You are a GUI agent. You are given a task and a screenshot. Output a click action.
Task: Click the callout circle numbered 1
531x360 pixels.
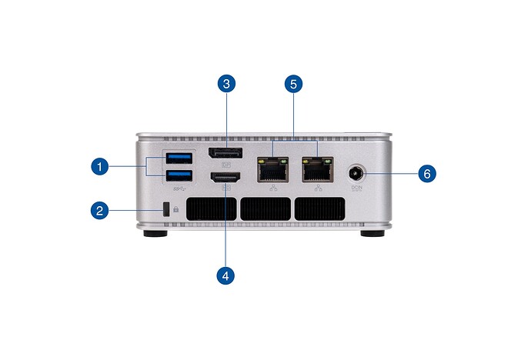pos(99,165)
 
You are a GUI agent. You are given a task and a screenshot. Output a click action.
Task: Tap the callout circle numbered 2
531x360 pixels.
pos(99,209)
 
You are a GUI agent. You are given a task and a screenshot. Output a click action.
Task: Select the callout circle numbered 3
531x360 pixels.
pos(225,83)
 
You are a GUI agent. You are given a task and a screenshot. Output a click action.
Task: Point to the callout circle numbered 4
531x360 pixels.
pos(225,273)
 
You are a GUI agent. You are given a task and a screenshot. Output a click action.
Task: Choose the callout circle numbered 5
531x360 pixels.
pos(292,83)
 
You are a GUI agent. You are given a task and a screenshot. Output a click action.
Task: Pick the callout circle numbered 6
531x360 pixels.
pos(427,173)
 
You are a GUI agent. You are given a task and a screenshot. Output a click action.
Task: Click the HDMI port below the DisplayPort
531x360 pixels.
pos(225,179)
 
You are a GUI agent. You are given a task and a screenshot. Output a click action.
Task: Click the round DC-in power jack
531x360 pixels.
pos(358,173)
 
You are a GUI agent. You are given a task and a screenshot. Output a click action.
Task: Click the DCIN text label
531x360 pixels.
pos(357,188)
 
